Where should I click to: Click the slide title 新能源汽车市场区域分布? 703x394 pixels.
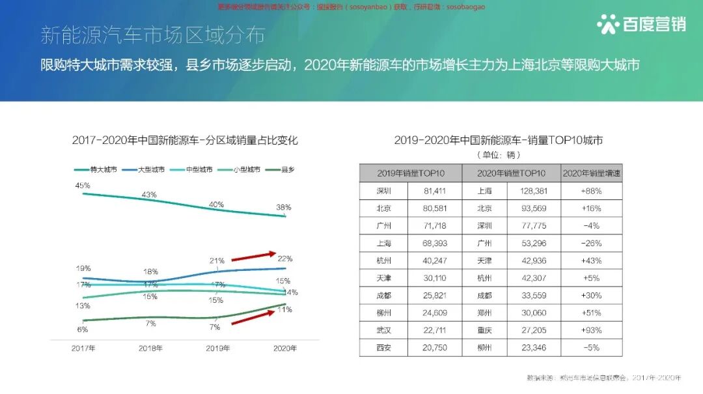pyautogui.click(x=152, y=35)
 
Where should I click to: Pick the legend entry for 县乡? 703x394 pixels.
pyautogui.click(x=287, y=169)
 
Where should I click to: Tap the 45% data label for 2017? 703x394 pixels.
pyautogui.click(x=83, y=186)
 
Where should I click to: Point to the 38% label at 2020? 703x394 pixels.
pyautogui.click(x=283, y=207)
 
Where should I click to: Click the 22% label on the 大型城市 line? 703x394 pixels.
pyautogui.click(x=284, y=259)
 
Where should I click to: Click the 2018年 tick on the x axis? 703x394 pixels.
pyautogui.click(x=150, y=348)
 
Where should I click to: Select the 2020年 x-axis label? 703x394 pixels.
pyautogui.click(x=284, y=348)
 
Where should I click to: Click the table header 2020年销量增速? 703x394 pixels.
pyautogui.click(x=591, y=173)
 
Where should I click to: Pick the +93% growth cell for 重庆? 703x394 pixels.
pyautogui.click(x=591, y=330)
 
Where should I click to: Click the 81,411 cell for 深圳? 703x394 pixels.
pyautogui.click(x=434, y=191)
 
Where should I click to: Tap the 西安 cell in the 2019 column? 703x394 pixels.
pyautogui.click(x=383, y=348)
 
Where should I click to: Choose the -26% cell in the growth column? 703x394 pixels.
pyautogui.click(x=591, y=243)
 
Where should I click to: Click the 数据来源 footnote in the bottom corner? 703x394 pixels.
pyautogui.click(x=603, y=378)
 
